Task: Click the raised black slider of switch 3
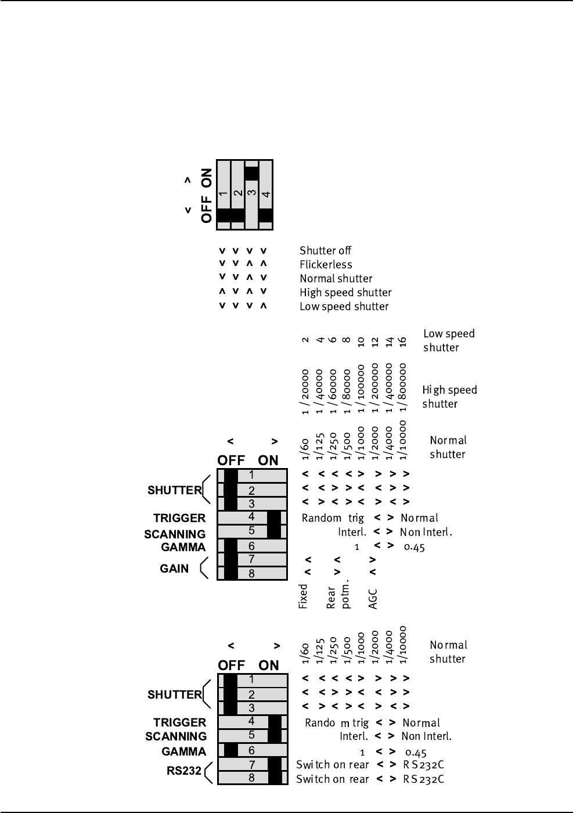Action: (x=251, y=173)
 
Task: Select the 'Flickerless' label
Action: (x=326, y=265)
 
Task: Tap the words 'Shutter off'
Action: (x=325, y=251)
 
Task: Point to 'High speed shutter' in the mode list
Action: (x=345, y=293)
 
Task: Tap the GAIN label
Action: (x=174, y=569)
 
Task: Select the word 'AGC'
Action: (x=373, y=599)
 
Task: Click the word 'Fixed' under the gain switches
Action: (x=303, y=596)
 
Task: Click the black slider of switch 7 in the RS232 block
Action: (x=275, y=764)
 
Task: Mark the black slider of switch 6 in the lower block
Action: (x=231, y=750)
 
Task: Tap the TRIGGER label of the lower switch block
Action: (x=180, y=722)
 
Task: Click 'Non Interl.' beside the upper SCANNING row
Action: (x=426, y=532)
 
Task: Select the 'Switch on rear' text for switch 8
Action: (x=332, y=779)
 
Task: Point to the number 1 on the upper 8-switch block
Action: (x=251, y=475)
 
